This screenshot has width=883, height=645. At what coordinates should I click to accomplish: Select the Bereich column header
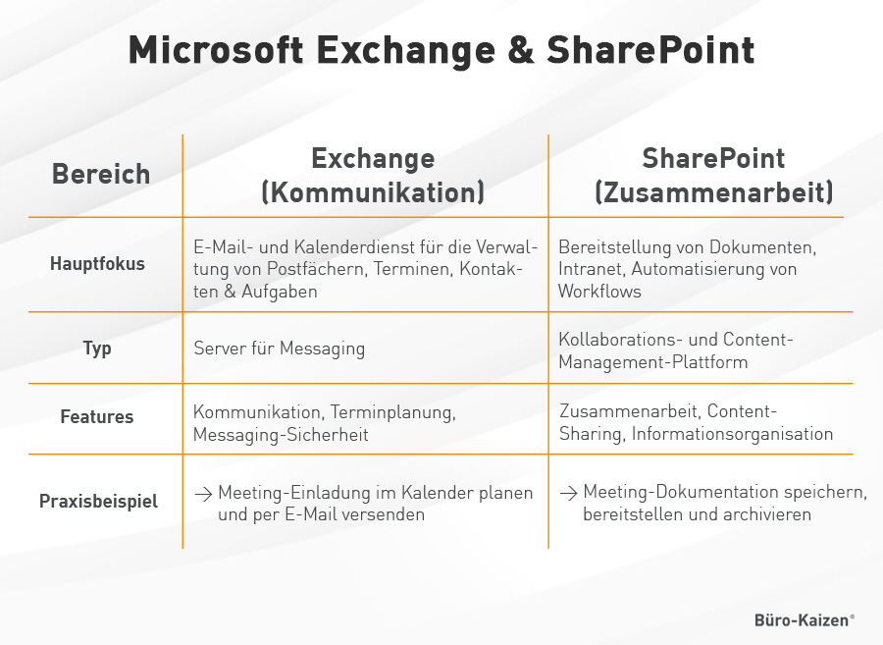point(101,175)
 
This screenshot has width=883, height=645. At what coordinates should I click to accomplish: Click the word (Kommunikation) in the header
point(373,191)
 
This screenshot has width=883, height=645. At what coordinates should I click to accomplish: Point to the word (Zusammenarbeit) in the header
point(713,191)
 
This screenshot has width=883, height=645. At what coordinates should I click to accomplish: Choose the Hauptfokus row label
point(97,263)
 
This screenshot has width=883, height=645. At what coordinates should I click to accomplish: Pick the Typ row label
point(97,348)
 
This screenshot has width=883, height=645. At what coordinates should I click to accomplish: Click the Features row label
point(97,417)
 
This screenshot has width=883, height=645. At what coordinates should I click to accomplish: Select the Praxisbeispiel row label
point(98,501)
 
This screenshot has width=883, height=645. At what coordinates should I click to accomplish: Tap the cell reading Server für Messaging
point(279,348)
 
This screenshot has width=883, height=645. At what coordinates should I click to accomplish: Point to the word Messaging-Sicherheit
point(281,435)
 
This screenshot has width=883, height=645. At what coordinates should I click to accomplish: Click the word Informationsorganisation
point(732,434)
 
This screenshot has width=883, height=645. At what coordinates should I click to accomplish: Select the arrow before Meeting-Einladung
point(203,493)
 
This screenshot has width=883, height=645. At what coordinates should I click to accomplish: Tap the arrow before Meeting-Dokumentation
point(568,493)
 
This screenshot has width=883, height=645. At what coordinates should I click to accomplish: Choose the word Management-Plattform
point(652,362)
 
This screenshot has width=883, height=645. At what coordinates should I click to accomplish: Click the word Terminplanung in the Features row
point(392,411)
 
